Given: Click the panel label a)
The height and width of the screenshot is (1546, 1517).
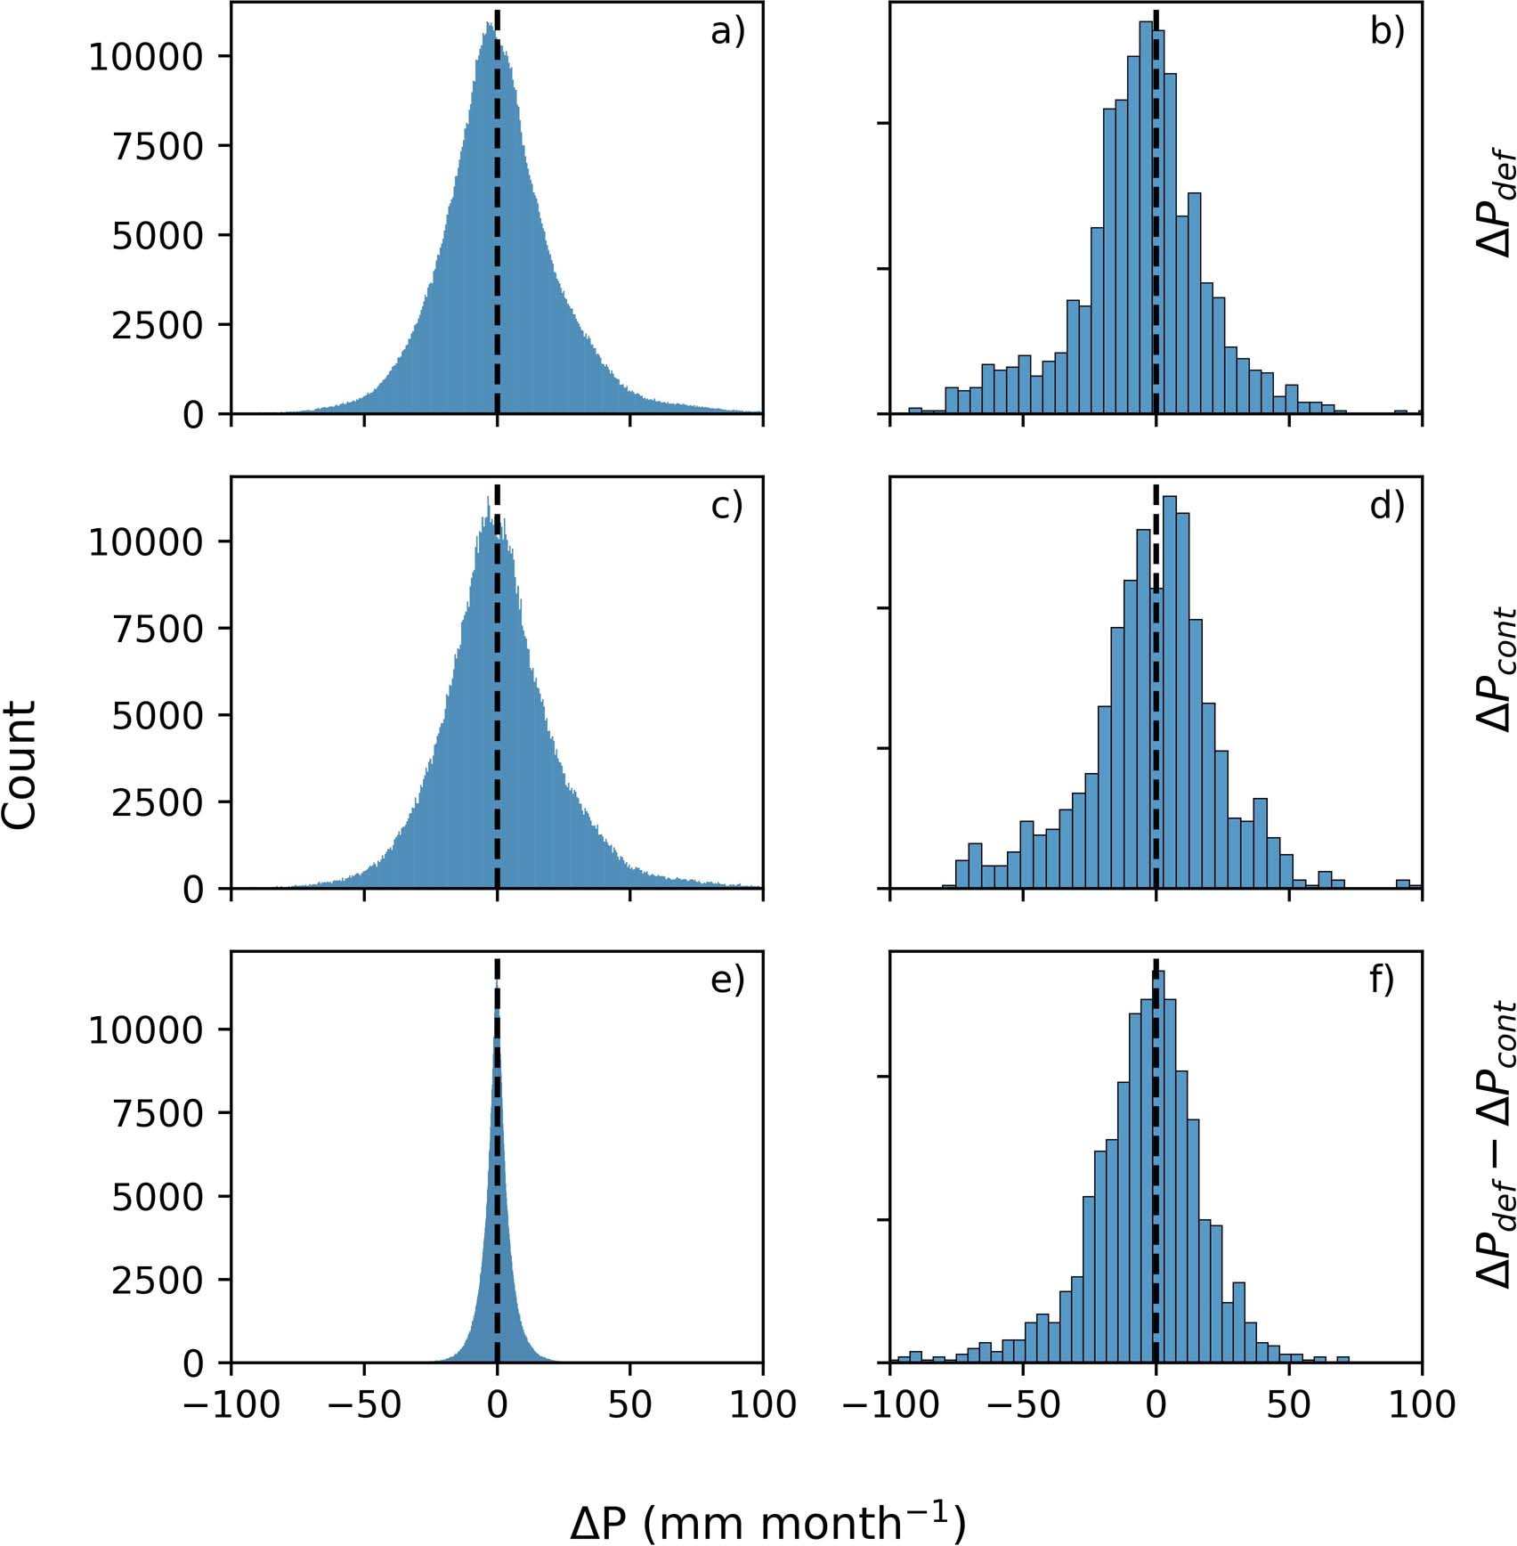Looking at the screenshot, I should pyautogui.click(x=726, y=32).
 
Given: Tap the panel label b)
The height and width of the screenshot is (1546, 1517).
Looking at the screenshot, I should pyautogui.click(x=1386, y=32).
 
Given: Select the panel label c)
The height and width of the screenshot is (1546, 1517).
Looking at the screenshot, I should pyautogui.click(x=726, y=506).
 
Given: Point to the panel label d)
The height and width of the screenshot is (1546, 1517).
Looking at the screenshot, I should pyautogui.click(x=1386, y=506).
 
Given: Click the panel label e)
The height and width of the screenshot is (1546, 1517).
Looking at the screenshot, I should pyautogui.click(x=726, y=980).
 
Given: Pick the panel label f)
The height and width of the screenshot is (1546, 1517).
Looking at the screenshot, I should pyautogui.click(x=1381, y=980).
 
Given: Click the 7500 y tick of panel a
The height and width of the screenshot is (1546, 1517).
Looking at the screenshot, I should pyautogui.click(x=158, y=147).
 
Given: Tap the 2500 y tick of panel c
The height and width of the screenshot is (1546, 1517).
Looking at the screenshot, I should pyautogui.click(x=158, y=803).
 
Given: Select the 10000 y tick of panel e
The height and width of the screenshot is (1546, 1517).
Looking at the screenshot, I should pyautogui.click(x=147, y=1030).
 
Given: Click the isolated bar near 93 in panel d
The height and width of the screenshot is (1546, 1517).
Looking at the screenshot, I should pyautogui.click(x=1403, y=884).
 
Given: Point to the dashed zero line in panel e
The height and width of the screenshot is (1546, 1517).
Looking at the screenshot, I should pyautogui.click(x=497, y=1158).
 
